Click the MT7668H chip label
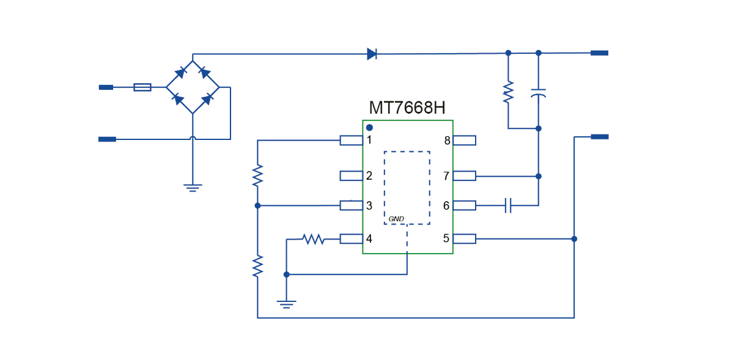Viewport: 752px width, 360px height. (x=407, y=108)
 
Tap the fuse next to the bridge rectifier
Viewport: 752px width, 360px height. (x=142, y=87)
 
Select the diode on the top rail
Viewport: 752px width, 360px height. (x=372, y=54)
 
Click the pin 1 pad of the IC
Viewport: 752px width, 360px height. (x=351, y=140)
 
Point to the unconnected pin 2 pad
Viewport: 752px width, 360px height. (x=351, y=176)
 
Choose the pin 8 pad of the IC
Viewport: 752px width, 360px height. (x=464, y=140)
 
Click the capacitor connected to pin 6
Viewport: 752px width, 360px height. (x=508, y=205)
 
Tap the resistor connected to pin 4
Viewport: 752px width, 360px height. (x=313, y=239)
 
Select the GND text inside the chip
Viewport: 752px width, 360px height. (x=396, y=219)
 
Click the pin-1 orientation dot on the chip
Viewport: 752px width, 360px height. (x=369, y=128)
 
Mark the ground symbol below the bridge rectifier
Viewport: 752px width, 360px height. (x=193, y=188)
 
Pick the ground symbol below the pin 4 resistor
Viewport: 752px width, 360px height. (x=286, y=304)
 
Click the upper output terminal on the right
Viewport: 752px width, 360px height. (x=600, y=53)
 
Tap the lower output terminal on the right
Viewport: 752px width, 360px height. (x=600, y=136)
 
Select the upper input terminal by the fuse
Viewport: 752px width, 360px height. (x=106, y=87)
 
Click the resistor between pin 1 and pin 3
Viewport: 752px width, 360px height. (x=257, y=175)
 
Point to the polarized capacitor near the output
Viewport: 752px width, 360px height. (x=538, y=93)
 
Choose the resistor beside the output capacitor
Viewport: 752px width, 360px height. (x=508, y=92)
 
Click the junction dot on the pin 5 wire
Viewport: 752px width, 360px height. (x=574, y=239)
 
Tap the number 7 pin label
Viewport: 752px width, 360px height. (x=446, y=176)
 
